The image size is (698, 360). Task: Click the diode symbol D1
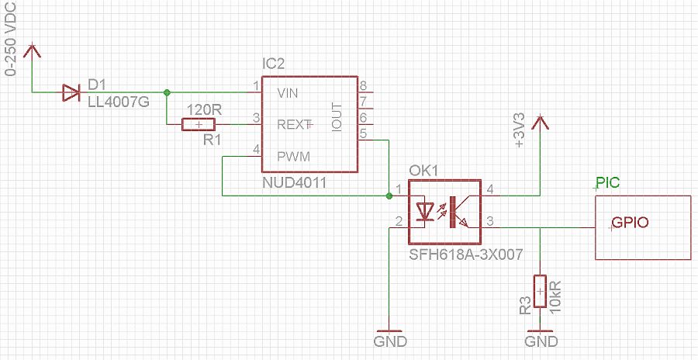click(71, 93)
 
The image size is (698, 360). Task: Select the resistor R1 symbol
click(199, 124)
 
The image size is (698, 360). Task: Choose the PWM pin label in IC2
click(293, 157)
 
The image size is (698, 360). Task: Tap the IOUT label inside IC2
click(337, 117)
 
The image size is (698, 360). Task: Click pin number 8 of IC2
click(362, 85)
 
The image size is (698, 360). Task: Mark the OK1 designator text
click(424, 171)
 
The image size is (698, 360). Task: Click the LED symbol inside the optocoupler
click(426, 211)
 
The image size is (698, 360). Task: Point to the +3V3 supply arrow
click(541, 122)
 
